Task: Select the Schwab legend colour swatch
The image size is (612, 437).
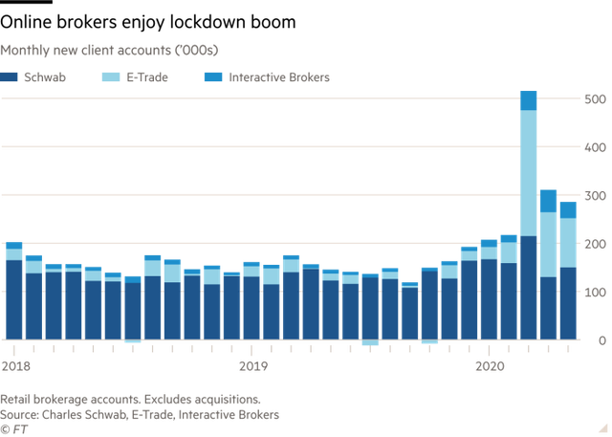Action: (8, 76)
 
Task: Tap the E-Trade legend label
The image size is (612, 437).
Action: (147, 76)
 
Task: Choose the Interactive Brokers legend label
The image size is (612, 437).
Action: (279, 76)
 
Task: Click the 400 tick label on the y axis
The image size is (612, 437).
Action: (594, 148)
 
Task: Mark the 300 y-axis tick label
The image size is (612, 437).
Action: (594, 196)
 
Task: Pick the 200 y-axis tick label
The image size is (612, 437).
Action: (594, 245)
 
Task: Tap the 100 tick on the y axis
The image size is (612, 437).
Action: (594, 293)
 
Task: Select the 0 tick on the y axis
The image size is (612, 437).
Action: (601, 340)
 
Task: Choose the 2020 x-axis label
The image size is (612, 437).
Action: (490, 366)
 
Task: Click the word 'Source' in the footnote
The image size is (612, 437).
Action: (17, 414)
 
